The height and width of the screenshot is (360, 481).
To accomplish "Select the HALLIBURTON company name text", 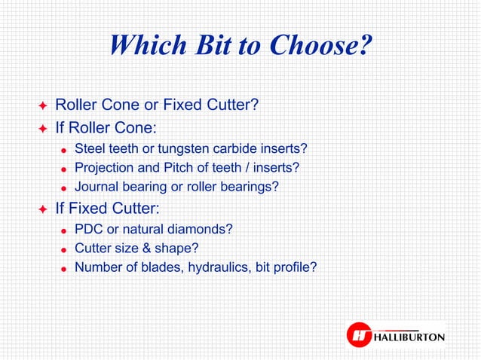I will [408, 337].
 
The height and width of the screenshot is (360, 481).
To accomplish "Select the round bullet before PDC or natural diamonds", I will [64, 230].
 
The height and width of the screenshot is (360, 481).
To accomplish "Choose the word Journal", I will [95, 185].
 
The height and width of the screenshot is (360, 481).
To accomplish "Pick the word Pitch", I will [174, 166].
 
